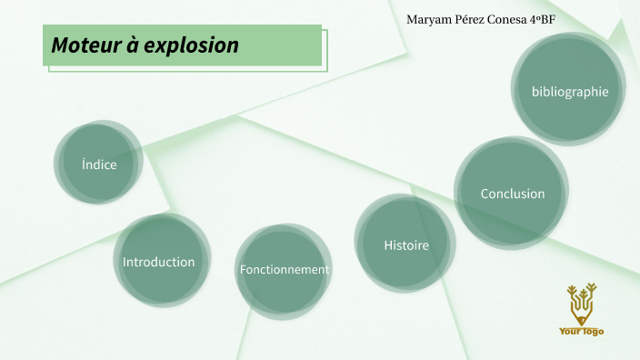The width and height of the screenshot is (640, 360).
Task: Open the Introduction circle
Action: coord(160,261)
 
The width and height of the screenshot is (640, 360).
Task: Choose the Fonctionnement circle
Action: coord(284,270)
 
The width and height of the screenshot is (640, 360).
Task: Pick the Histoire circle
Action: coord(405,244)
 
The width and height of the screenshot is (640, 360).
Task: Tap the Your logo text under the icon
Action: coord(581,332)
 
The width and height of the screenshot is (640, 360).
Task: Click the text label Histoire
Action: coord(405,245)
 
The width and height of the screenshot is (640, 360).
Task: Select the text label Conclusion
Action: coord(513,194)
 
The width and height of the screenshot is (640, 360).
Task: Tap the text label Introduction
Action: coord(159,262)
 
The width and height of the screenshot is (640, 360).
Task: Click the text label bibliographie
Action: coord(570,91)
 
